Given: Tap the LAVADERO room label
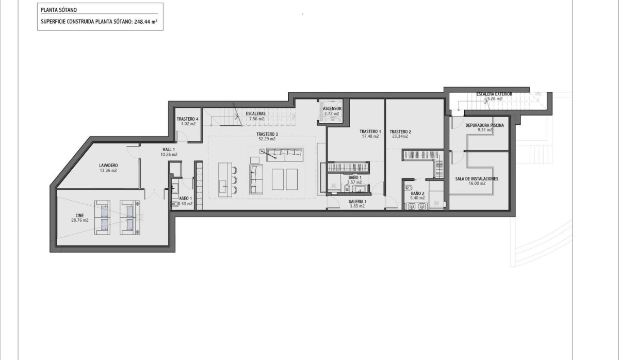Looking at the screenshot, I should (108, 166).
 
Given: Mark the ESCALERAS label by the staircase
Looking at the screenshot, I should (255, 113).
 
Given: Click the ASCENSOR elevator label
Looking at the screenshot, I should (332, 109).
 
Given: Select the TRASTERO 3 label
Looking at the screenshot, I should (267, 134).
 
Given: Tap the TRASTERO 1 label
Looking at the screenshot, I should (370, 132).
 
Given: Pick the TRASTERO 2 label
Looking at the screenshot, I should (400, 132).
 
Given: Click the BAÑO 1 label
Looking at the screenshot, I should (353, 177).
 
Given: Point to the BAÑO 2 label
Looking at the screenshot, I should (417, 193).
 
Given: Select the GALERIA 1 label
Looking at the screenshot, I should (357, 202).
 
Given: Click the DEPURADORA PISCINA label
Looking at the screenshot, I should (484, 125).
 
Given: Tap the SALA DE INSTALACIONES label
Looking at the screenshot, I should (476, 178).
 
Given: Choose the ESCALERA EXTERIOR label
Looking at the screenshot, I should (494, 94).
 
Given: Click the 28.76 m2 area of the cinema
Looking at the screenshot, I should (80, 220).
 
